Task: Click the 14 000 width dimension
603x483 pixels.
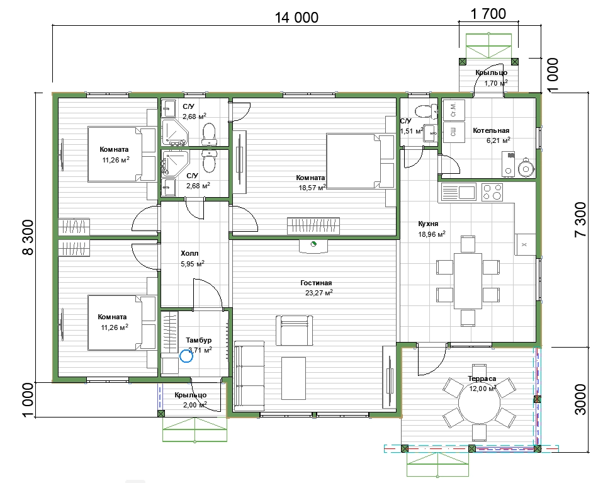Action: tap(296, 18)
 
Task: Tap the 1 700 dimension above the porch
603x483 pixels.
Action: tap(488, 14)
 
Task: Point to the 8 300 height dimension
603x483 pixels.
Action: tap(28, 237)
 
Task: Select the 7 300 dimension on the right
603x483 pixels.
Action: tap(580, 219)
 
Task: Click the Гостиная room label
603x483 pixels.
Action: tap(316, 283)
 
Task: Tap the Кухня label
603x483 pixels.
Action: tap(428, 224)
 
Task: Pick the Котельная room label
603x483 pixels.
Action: tap(491, 130)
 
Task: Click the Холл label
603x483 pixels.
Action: tap(189, 253)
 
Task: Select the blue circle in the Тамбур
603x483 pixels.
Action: tap(186, 356)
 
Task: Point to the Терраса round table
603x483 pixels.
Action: tap(479, 402)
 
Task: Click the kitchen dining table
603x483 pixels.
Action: tap(468, 281)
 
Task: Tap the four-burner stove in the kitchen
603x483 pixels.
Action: tap(492, 192)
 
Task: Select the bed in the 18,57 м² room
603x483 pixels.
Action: tap(360, 161)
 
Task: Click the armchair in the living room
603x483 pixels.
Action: tap(294, 330)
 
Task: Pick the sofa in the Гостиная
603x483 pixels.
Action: tap(249, 373)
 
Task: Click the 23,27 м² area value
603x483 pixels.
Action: tap(318, 293)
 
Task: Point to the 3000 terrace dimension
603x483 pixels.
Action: tap(580, 399)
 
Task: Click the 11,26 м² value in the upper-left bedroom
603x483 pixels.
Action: tap(116, 160)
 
